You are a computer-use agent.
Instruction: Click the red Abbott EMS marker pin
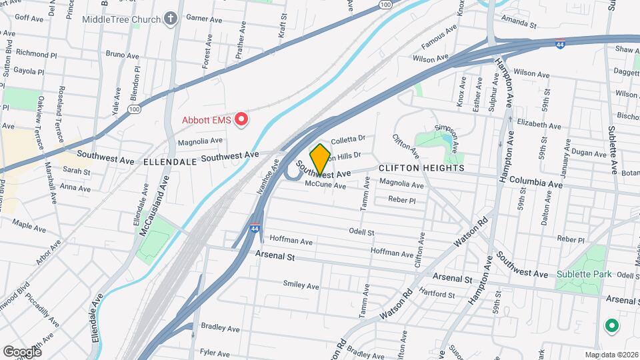pos(242,120)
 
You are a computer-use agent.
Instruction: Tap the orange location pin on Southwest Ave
pos(321,159)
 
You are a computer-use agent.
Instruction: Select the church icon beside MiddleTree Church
pos(171,19)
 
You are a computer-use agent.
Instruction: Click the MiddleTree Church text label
pos(121,19)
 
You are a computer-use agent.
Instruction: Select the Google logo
pos(22,351)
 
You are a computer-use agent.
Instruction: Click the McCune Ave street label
pos(326,185)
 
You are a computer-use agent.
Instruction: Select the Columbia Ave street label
pos(535,182)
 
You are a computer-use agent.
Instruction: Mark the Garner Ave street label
pos(203,17)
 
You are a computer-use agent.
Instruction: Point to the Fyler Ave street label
pos(215,351)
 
